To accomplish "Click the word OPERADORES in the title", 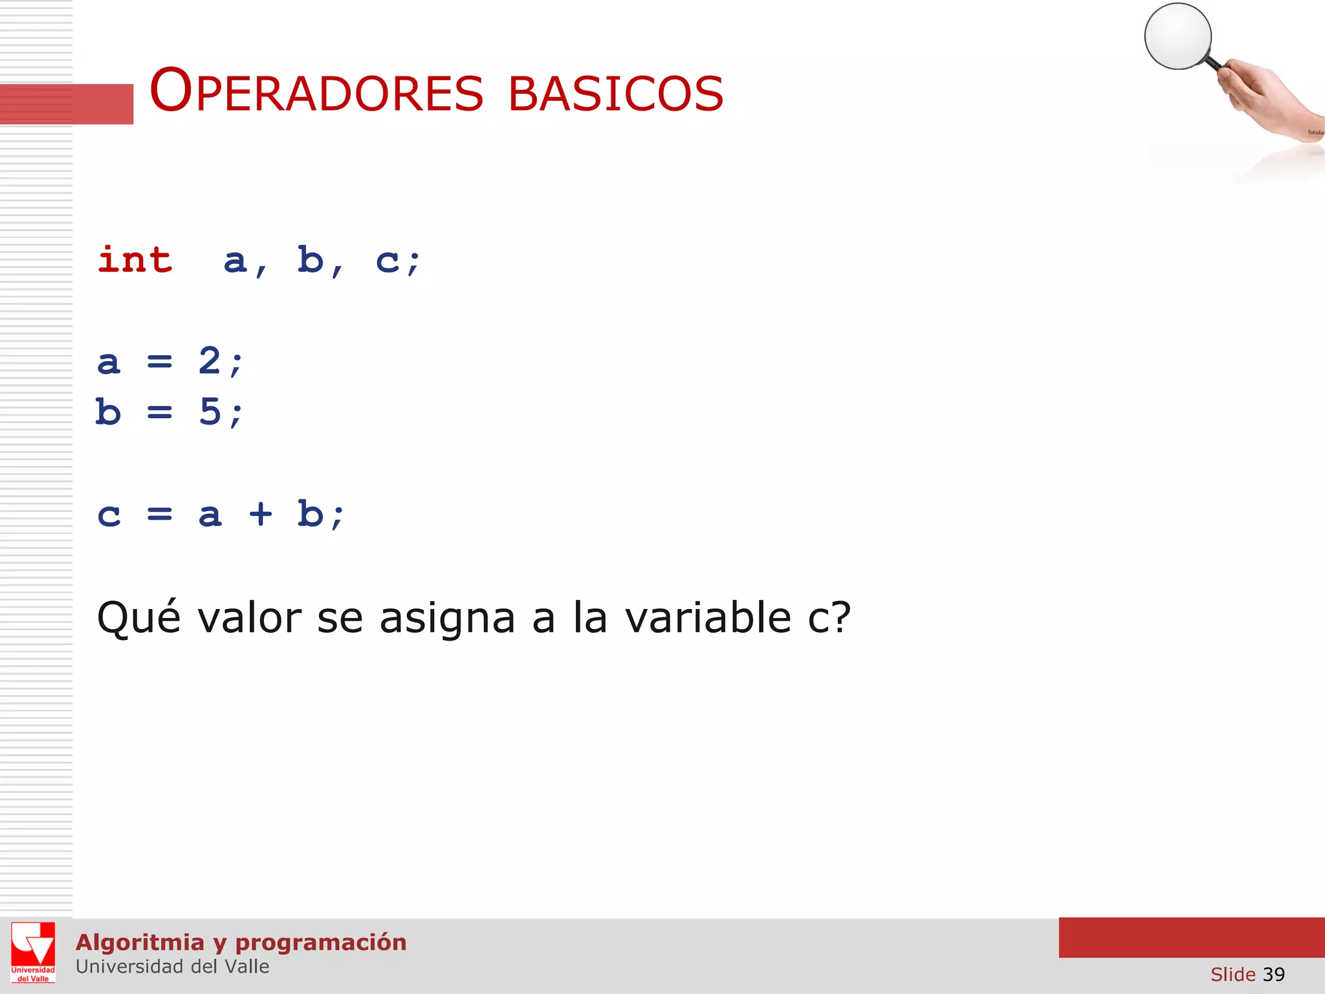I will point(316,92).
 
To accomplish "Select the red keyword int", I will point(135,260).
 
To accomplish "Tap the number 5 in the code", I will point(210,411).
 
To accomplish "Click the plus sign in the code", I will point(261,514).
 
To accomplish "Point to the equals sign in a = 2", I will point(159,361).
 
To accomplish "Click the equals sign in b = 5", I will point(159,412).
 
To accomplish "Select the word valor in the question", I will point(250,617).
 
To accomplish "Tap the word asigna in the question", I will point(447,619).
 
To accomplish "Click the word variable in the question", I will point(708,617).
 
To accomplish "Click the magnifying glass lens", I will point(1177,36).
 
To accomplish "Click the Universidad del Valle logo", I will point(33,952).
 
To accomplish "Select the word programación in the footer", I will point(321,942).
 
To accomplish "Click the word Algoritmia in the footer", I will point(140,942).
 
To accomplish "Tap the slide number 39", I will point(1273,974).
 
